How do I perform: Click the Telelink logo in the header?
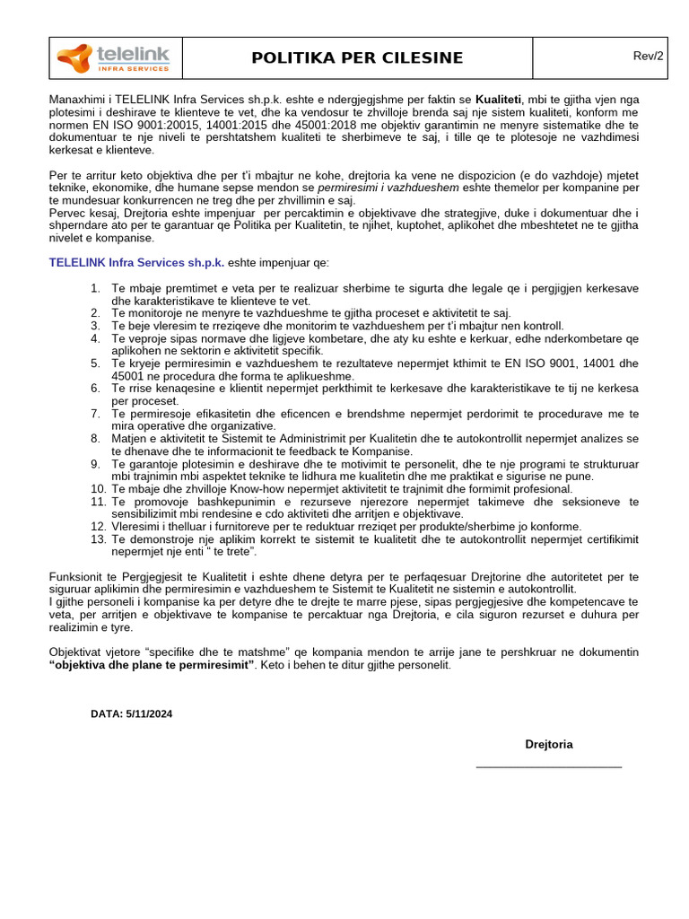tap(114, 58)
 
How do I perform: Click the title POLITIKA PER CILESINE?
tap(357, 58)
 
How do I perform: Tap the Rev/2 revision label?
tap(648, 56)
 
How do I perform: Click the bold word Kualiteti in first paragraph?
tap(498, 100)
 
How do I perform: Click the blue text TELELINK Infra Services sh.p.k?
tap(135, 263)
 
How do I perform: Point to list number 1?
tap(96, 288)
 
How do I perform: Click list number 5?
tap(96, 363)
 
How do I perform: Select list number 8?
tap(96, 439)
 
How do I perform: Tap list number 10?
tap(99, 489)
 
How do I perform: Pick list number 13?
tap(99, 538)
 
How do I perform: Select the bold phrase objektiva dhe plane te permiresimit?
tap(152, 665)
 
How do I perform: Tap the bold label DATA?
tap(108, 714)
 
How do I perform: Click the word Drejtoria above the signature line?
tap(548, 744)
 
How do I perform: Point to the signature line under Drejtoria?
tap(548, 767)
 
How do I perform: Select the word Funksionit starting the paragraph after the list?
tap(78, 576)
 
